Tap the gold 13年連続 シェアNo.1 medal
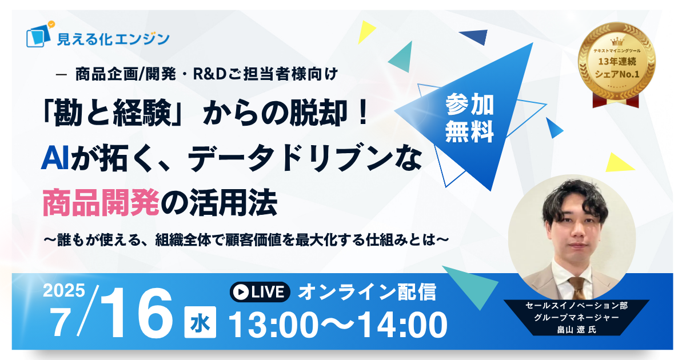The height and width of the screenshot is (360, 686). (x=616, y=61)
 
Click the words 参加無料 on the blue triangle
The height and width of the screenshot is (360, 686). (x=469, y=118)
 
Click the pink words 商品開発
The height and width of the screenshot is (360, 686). (x=101, y=203)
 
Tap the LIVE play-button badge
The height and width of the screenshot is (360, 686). (x=260, y=292)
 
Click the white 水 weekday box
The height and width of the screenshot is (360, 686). (x=200, y=322)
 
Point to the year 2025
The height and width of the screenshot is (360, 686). (x=63, y=290)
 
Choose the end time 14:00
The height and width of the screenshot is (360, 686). (x=402, y=325)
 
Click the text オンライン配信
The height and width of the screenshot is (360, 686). (x=367, y=292)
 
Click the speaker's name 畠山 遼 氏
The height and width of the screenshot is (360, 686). (x=576, y=329)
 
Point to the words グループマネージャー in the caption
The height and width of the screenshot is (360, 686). (x=576, y=317)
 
